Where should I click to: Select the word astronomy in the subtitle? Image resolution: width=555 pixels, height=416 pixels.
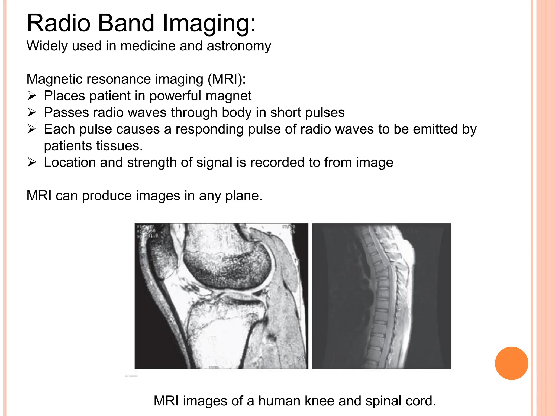coord(239,46)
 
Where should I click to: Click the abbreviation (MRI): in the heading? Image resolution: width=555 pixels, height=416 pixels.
coord(227,79)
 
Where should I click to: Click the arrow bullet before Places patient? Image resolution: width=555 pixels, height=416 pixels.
coord(32,96)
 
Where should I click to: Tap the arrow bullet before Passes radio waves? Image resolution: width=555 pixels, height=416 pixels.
coord(32,112)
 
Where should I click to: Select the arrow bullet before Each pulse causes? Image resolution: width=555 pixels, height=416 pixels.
coord(32,129)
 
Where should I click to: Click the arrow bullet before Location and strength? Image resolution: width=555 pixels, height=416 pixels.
coord(32,162)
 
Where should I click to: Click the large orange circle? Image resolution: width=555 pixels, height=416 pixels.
coord(511,363)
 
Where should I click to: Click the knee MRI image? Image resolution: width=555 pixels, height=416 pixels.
coord(221,296)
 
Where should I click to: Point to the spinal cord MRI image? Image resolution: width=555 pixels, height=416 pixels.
coord(381,296)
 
